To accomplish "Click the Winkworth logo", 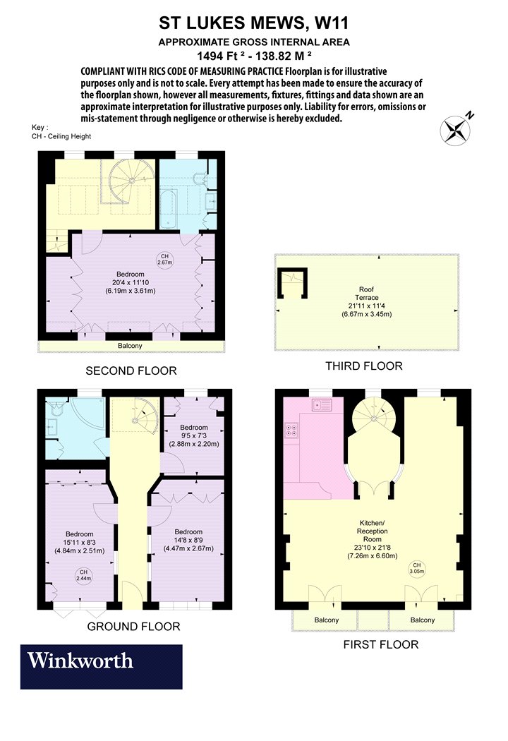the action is pos(101,666).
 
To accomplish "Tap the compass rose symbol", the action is pos(455,131).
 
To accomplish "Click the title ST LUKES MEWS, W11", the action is pos(254,23).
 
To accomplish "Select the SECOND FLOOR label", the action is pos(131,371).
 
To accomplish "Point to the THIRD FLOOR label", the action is pos(364,366).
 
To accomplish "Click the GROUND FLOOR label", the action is pos(134,627).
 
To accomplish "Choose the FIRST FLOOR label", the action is pos(381,644).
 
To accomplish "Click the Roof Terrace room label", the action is pos(367,301).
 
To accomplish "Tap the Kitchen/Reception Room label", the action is pos(373,539).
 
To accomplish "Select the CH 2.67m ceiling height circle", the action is pos(164,260).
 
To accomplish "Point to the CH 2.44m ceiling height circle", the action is pos(83,575).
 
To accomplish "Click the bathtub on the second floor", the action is pos(168,210).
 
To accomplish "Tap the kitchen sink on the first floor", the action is pos(322,404).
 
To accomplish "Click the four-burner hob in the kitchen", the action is pos(291,429).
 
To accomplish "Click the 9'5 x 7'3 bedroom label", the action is pos(194,435).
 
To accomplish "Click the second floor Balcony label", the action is pos(130,346).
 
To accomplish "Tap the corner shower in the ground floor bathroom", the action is pos(89,422).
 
